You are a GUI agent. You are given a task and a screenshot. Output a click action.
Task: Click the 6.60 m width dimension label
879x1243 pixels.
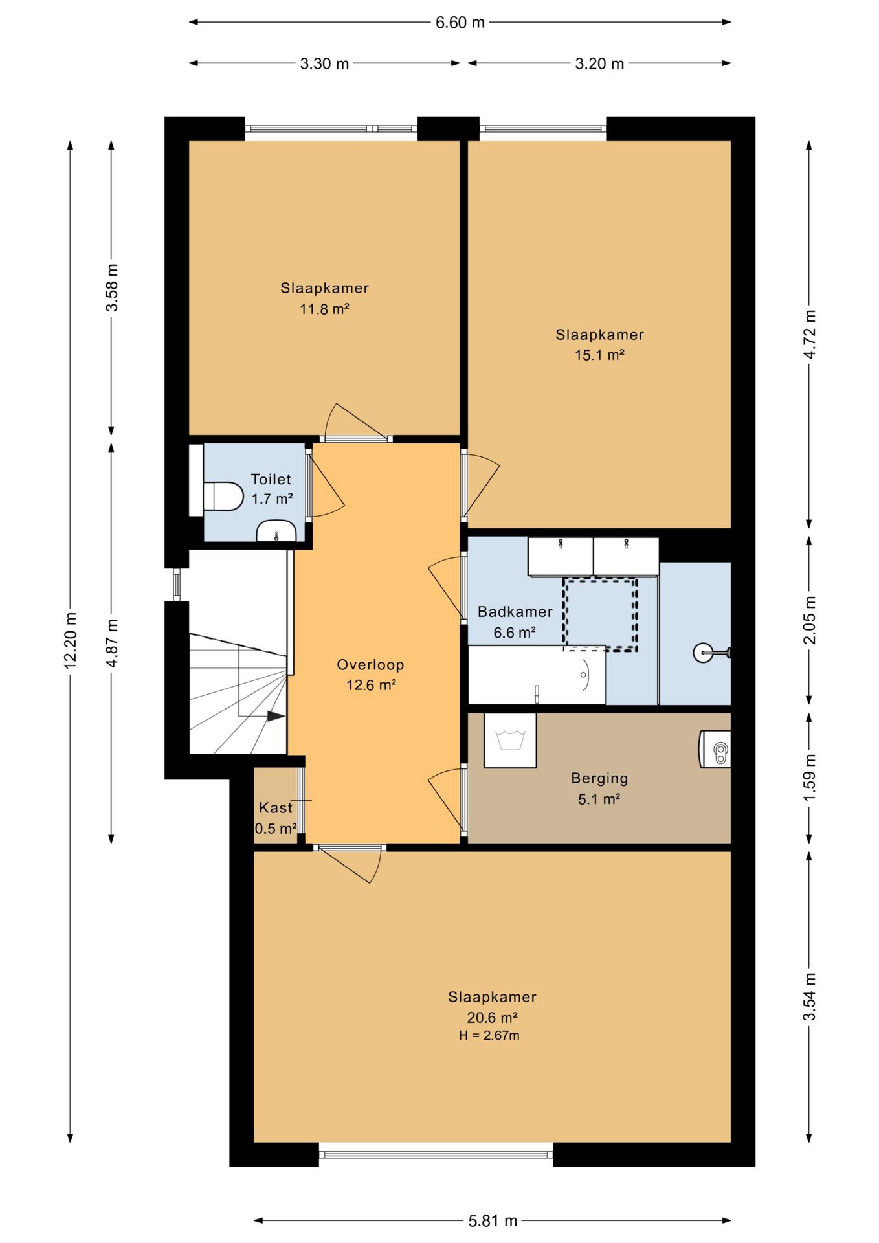point(460,23)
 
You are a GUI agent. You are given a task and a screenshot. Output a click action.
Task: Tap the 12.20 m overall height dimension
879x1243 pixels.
point(71,640)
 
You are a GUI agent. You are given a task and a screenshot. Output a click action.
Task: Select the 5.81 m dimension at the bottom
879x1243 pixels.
point(493,1221)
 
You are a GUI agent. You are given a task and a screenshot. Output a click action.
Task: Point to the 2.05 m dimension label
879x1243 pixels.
point(809,620)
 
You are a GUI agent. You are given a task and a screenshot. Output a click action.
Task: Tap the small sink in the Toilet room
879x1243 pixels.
point(276,531)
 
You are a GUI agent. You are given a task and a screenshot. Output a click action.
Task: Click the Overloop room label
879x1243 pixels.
point(370,665)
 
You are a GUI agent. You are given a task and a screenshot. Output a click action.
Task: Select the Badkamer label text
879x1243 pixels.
point(515,612)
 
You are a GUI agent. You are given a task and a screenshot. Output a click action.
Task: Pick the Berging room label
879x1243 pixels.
point(599,779)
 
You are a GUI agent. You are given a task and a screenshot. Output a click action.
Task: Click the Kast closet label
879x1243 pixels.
point(276,808)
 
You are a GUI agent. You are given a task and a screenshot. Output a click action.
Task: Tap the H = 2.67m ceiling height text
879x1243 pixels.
point(489,1035)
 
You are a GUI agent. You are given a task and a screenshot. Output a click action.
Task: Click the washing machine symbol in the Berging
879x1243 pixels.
point(510,741)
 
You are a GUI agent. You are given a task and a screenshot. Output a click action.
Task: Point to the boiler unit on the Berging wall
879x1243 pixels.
point(715,750)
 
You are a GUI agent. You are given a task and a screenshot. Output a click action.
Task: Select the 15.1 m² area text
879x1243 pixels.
point(599,355)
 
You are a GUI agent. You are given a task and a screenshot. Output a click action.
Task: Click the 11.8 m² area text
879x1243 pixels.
point(324,309)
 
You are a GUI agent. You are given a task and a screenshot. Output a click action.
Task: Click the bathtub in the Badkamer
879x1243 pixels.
point(537,675)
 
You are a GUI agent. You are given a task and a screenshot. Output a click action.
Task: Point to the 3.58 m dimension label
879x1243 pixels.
point(112,287)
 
